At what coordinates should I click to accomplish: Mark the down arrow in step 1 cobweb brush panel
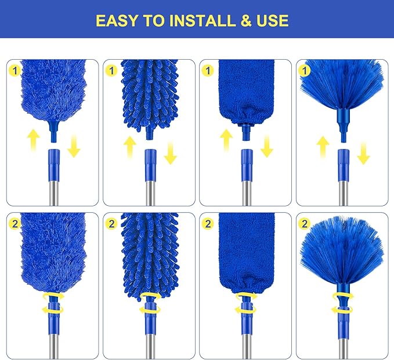pyautogui.click(x=363, y=154)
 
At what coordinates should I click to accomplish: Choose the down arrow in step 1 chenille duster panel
pyautogui.click(x=170, y=154)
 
